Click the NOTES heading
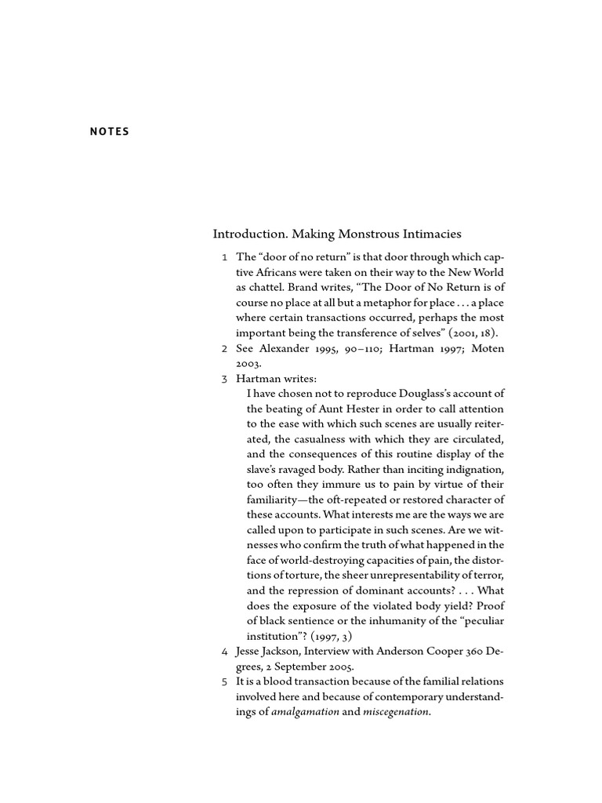(109, 132)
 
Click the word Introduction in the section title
(248, 234)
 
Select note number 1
(225, 258)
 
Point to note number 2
(225, 349)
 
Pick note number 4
(225, 651)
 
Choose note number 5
(225, 681)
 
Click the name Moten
(487, 349)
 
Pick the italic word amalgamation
(305, 711)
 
